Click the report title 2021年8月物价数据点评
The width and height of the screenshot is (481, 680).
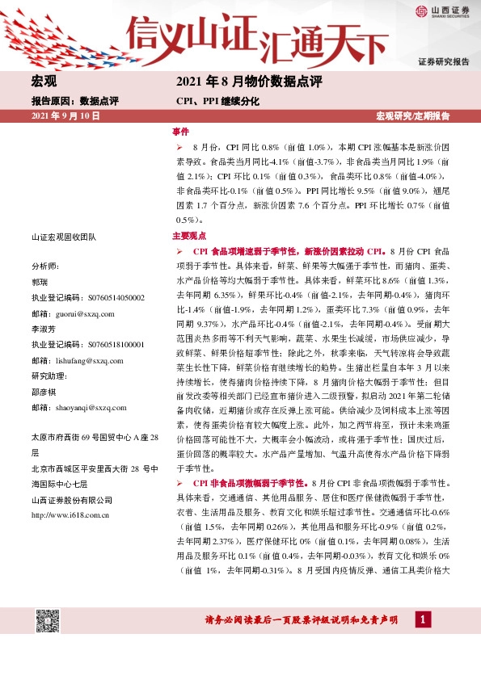pos(249,82)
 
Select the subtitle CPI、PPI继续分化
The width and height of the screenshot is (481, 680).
pos(217,102)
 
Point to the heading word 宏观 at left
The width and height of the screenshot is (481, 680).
pos(44,82)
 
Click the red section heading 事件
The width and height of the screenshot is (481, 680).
pos(180,131)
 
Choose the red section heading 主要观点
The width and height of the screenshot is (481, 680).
pos(189,237)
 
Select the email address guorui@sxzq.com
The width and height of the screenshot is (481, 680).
pos(85,313)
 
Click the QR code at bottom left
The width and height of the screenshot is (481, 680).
pos(47,622)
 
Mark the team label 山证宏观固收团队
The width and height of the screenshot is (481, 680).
pos(63,237)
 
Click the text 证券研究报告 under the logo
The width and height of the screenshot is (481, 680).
pos(443,61)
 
